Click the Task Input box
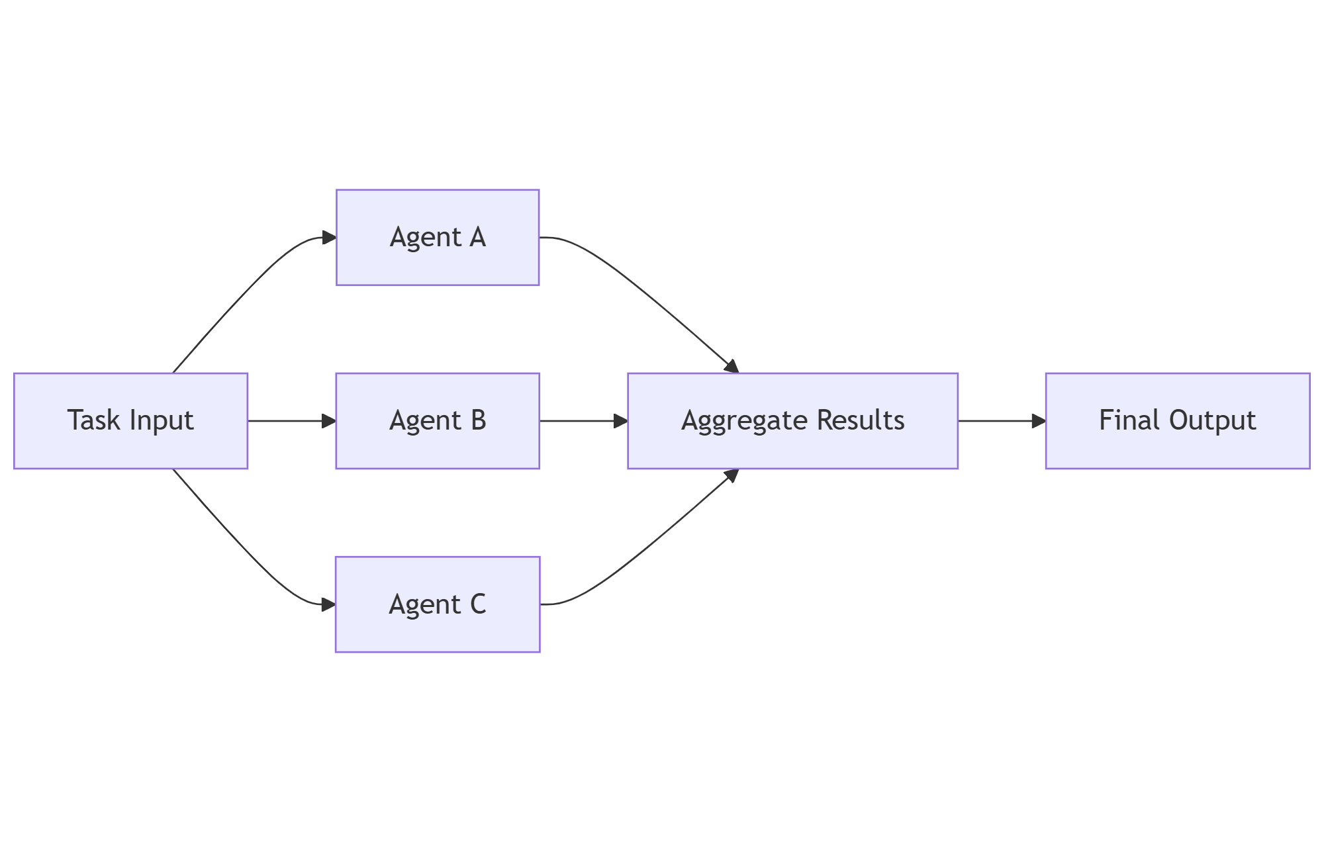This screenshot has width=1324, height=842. (x=130, y=421)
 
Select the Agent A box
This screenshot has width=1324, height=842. (x=438, y=238)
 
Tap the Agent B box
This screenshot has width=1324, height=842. (x=438, y=421)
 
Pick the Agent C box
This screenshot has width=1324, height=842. (x=438, y=604)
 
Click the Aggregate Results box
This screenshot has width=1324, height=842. (x=792, y=421)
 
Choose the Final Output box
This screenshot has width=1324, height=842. (x=1178, y=421)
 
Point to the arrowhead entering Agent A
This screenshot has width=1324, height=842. (x=329, y=238)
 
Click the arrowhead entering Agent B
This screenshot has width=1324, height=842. (x=329, y=421)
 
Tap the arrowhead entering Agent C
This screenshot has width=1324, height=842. (x=329, y=604)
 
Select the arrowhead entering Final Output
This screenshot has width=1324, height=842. (x=1039, y=421)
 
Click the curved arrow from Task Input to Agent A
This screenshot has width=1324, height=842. (x=245, y=291)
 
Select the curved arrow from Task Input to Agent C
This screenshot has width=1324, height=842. (x=245, y=551)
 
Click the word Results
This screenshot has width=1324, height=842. (x=861, y=421)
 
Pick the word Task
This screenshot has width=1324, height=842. (x=93, y=421)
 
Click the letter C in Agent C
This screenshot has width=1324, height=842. (x=478, y=604)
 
